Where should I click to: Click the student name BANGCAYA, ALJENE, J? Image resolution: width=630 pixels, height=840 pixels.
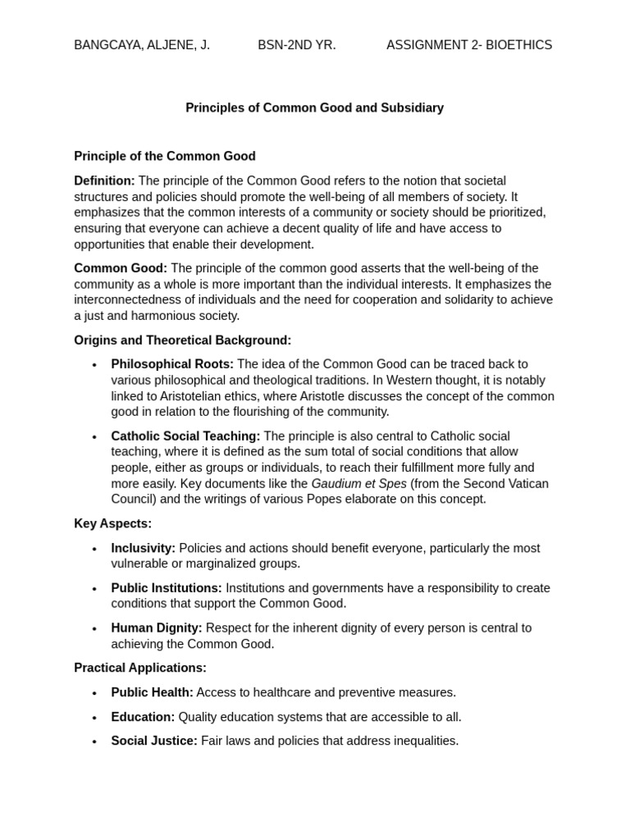pos(142,45)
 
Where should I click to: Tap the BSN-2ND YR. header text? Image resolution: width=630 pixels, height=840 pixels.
pos(297,45)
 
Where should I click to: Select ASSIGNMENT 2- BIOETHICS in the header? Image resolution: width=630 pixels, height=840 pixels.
pos(469,45)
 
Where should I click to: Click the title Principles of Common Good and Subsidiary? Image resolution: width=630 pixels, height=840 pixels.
pos(314,108)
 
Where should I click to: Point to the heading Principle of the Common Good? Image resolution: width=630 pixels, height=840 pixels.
pos(165,156)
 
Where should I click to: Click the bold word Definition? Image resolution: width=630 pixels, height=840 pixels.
pos(104,180)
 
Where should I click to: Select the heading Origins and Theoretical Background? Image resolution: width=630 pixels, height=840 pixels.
pos(182,340)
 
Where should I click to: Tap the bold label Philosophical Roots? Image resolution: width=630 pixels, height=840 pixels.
pos(172,364)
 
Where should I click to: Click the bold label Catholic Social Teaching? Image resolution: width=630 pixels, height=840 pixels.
pos(185,436)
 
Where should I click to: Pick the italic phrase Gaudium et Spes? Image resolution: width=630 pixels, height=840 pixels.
pos(358,484)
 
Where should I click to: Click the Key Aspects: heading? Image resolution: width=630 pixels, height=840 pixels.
pos(112,523)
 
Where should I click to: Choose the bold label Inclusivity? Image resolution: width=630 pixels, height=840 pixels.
pos(143,548)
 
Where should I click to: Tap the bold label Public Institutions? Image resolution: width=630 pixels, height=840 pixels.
pos(167,588)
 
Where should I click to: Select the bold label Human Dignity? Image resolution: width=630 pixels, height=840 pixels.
pos(157,628)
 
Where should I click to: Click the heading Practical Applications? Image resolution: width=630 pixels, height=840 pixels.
pos(140,669)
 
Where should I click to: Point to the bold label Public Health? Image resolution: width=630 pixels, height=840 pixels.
pos(152,692)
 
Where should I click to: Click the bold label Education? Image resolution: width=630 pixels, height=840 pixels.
pos(143,717)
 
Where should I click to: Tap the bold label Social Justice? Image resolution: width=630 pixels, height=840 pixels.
pos(154,741)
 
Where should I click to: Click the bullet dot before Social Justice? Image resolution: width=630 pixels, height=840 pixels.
pos(94,742)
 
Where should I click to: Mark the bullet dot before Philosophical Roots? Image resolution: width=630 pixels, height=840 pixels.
pos(94,365)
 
